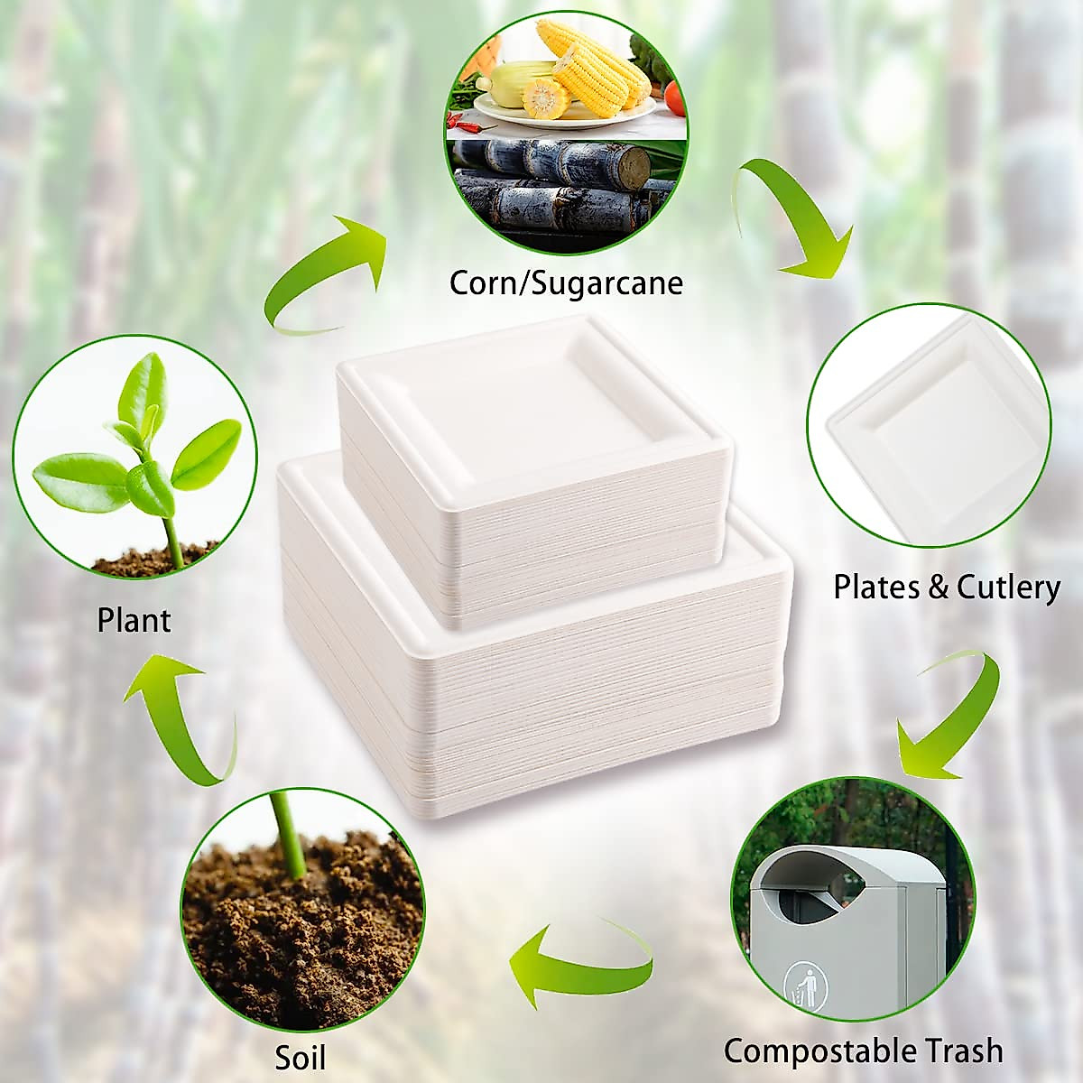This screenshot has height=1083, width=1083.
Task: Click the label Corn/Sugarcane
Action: (x=566, y=282)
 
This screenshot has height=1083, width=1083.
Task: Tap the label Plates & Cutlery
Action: (x=946, y=588)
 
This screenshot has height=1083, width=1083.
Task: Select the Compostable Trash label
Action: (x=863, y=1051)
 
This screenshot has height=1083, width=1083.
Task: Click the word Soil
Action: (x=301, y=1057)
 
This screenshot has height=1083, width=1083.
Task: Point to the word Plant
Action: (x=134, y=621)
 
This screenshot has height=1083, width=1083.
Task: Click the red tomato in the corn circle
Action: (x=674, y=91)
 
